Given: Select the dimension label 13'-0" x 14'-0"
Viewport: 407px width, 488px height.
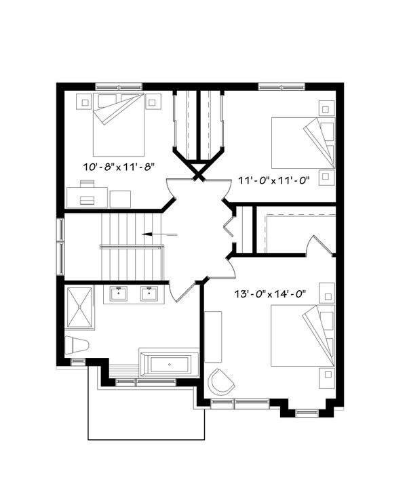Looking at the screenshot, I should pyautogui.click(x=269, y=293).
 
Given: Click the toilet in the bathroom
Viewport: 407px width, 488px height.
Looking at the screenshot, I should pyautogui.click(x=77, y=345).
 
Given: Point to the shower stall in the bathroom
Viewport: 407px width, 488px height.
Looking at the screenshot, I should pyautogui.click(x=81, y=308).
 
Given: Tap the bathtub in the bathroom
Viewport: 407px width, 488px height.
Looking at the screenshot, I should pyautogui.click(x=169, y=365).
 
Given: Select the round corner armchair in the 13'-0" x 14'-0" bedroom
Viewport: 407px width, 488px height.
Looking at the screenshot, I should pyautogui.click(x=221, y=383).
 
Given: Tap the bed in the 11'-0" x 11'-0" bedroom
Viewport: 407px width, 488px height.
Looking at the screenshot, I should pyautogui.click(x=302, y=143).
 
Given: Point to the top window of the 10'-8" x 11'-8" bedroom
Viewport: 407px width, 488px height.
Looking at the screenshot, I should pyautogui.click(x=118, y=86).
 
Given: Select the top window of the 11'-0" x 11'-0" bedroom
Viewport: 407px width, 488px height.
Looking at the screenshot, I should pyautogui.click(x=281, y=86).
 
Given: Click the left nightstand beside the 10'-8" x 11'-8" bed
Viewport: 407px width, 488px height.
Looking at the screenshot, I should pyautogui.click(x=85, y=103).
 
